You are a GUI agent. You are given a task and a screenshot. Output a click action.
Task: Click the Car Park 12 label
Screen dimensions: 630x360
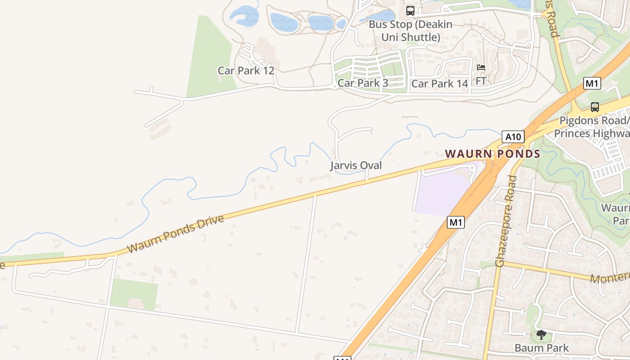[x=246, y=71]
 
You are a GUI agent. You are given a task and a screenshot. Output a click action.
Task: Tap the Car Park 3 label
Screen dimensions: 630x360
[x=362, y=83]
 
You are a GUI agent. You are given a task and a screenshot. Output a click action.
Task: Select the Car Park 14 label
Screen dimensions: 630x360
[x=440, y=84]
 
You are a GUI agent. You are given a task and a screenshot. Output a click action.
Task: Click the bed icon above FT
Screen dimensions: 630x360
[x=481, y=68]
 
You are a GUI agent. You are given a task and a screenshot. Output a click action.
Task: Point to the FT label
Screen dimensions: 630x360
[x=481, y=81]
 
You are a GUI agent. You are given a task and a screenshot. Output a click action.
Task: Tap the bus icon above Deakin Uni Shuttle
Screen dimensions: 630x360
[x=410, y=11]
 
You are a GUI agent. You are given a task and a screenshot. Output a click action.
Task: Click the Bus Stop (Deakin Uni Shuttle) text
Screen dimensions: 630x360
[x=410, y=31]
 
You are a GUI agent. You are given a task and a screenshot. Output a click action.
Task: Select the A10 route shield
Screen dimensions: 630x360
[x=513, y=137]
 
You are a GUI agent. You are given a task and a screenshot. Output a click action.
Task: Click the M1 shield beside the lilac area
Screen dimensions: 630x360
[x=455, y=222]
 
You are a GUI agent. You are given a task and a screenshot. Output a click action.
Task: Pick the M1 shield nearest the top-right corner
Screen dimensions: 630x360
[x=592, y=83]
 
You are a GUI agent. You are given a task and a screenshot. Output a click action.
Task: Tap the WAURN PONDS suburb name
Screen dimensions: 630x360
[x=492, y=154]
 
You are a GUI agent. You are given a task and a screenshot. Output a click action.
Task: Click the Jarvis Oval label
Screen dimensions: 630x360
[x=356, y=166]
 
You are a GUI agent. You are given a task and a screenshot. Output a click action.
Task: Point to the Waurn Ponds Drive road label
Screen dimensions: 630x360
[x=175, y=234]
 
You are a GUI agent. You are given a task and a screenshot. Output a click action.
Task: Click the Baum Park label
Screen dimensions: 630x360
[x=541, y=348]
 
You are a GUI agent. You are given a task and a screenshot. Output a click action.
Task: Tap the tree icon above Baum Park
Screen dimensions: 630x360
[x=541, y=334]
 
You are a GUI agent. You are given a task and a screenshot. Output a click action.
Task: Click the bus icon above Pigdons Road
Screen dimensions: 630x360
[x=594, y=107]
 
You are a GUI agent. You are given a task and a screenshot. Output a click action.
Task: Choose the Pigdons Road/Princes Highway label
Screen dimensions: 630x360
[x=592, y=127]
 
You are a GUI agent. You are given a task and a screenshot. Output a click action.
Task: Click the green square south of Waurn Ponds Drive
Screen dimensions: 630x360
[x=134, y=293]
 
